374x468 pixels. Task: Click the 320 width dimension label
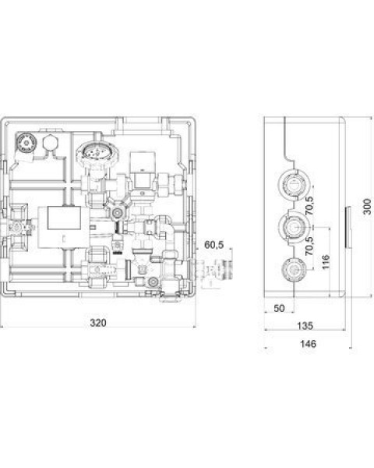[x=98, y=323]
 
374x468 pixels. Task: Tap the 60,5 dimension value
[x=213, y=245]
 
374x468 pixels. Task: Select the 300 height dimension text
[x=368, y=207]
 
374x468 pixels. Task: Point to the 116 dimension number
[x=326, y=262]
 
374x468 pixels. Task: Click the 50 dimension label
[x=279, y=308]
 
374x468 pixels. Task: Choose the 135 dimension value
[x=305, y=325]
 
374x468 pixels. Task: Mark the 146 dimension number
[x=308, y=344]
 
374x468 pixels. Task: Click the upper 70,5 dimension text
[x=309, y=206]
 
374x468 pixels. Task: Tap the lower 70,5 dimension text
[x=309, y=246]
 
